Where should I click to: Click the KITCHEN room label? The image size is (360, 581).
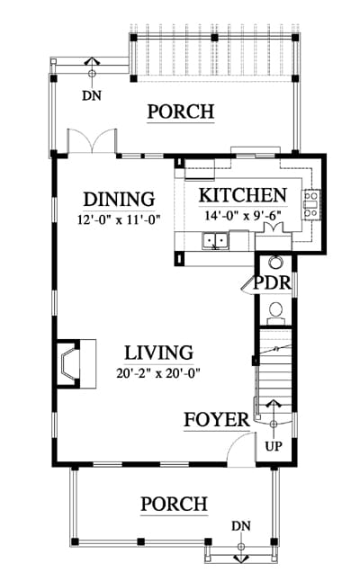point(243,195)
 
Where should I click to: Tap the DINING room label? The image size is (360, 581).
point(119,199)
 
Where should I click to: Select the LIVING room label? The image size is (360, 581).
point(158,353)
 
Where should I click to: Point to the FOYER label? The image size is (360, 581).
point(217,420)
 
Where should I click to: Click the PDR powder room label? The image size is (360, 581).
point(272,282)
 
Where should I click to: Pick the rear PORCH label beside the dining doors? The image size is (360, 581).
point(181,112)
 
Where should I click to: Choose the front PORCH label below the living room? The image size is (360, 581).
point(174,504)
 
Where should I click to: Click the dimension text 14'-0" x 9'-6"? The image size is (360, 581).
point(243,215)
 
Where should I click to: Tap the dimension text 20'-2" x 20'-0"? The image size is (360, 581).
point(158,372)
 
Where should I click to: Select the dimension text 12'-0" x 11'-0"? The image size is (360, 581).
point(119,219)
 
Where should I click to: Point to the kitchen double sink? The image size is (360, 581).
point(215,241)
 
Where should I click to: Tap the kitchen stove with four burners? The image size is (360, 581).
point(311,204)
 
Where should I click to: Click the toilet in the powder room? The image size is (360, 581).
point(275,312)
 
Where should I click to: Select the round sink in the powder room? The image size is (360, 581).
point(275,263)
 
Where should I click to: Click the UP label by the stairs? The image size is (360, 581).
point(274,446)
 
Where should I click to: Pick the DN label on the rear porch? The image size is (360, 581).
point(92,95)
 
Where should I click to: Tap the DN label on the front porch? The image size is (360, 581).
point(241,526)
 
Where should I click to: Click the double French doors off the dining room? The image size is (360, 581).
point(92,141)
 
